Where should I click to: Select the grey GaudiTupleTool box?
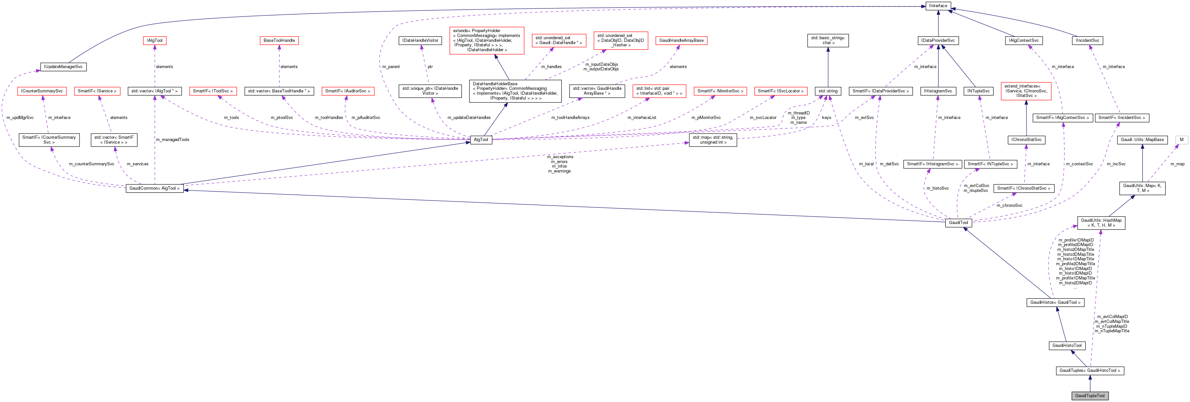coord(1090,396)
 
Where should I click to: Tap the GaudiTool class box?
coord(958,222)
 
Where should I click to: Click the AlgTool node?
coord(481,139)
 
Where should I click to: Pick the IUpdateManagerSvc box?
coord(63,67)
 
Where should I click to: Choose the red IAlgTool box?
coord(155,41)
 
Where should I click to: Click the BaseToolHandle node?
coord(279,41)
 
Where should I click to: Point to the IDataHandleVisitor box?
coord(420,41)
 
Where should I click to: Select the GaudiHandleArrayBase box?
coord(681,41)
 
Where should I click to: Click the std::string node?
coord(828,91)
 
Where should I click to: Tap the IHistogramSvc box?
coord(938,91)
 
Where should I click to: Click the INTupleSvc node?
coord(979,91)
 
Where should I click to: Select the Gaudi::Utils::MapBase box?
coord(1142,139)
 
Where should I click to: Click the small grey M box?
coord(1182,139)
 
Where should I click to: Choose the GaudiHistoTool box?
coord(1067,345)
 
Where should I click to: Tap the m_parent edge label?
coord(391,67)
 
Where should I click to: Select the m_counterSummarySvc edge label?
coord(91,164)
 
